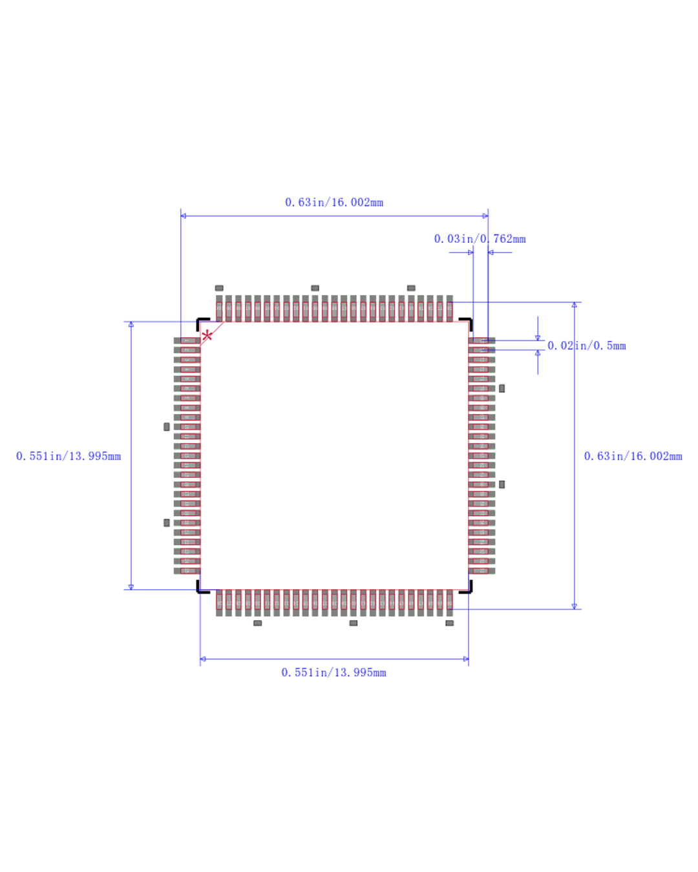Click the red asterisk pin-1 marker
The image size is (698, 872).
[x=207, y=335]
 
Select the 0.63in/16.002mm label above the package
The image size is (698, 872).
[x=334, y=203]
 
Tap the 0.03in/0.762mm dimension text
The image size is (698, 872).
[x=480, y=239]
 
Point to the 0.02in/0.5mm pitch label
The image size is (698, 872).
[x=587, y=346]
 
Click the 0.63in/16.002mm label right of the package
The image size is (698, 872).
[x=633, y=457]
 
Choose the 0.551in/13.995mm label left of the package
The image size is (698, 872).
[x=69, y=457]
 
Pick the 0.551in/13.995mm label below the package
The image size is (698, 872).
[x=333, y=673]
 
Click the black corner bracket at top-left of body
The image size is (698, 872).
[x=201, y=322]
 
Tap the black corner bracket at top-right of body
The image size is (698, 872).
[x=467, y=322]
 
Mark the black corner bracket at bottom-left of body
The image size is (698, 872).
[x=201, y=588]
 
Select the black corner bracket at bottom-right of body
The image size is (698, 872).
[x=467, y=588]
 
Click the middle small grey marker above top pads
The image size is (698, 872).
[x=315, y=288]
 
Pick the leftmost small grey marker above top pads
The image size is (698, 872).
[x=219, y=288]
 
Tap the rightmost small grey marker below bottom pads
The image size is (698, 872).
[x=449, y=623]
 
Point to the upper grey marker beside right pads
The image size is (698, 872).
[x=502, y=389]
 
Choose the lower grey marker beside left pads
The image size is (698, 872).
[x=167, y=523]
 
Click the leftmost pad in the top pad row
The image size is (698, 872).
[x=219, y=308]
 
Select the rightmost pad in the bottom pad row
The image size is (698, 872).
[x=449, y=603]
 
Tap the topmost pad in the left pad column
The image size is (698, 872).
[x=187, y=340]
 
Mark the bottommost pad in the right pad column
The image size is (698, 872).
[x=481, y=571]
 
